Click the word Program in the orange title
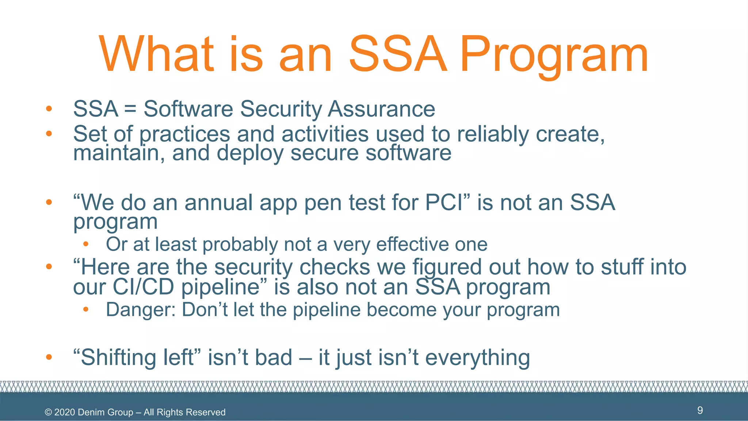pos(553,55)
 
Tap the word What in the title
pos(156,55)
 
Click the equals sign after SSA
pos(130,109)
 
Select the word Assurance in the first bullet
pos(381,109)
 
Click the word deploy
pos(250,153)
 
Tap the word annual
pos(219,202)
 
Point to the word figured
pos(447,267)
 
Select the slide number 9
pos(700,410)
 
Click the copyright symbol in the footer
pos(48,412)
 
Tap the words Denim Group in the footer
pos(106,412)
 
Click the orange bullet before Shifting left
pos(49,357)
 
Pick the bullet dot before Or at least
pos(86,244)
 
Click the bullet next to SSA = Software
pos(49,109)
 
